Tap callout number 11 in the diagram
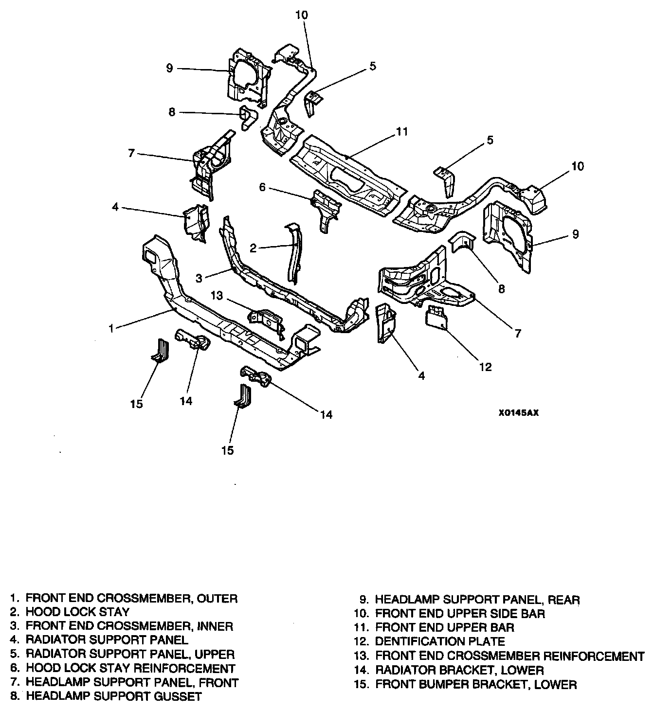(401, 132)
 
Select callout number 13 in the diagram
(217, 295)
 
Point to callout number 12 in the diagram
(486, 367)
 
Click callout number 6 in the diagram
(262, 187)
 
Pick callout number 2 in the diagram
(253, 248)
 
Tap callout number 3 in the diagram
(199, 278)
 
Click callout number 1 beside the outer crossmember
(111, 328)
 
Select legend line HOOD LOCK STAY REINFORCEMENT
(130, 668)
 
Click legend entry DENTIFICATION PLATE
(440, 641)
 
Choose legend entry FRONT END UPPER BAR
(445, 627)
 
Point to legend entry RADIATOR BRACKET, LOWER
(459, 670)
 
